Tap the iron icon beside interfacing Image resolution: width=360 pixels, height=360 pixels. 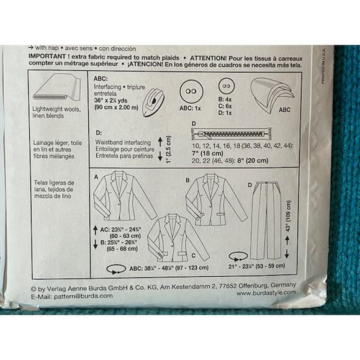pyautogui.click(x=155, y=102)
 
